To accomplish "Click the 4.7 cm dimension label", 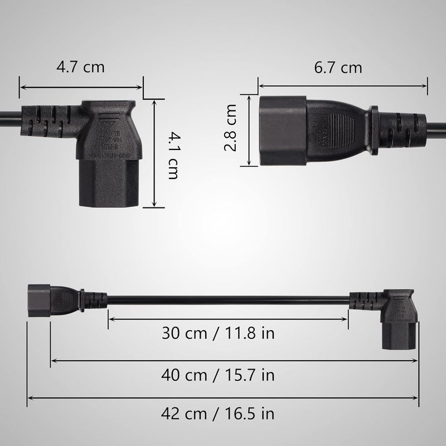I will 80,67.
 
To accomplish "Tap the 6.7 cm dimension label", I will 338,68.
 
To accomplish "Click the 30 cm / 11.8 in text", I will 219,333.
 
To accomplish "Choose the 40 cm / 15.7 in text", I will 219,374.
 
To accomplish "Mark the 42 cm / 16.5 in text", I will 219,414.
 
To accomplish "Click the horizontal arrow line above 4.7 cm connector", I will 81,87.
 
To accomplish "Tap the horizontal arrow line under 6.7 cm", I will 342,86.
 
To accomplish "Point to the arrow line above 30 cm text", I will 228,319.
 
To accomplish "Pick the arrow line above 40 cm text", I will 234,361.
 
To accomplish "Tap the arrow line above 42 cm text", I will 223,397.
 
